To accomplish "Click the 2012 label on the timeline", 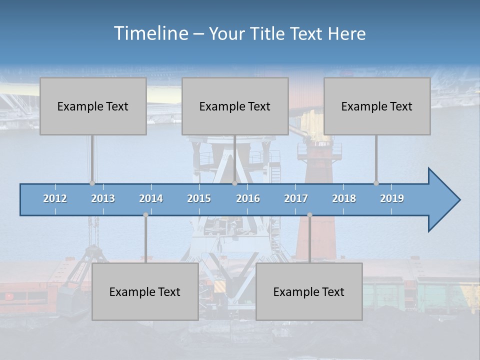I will click(x=55, y=198).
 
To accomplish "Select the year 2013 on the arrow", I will click(x=103, y=198).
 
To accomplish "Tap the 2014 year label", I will click(x=151, y=198).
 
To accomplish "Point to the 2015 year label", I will click(x=199, y=198).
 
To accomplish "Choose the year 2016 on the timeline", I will click(x=248, y=198).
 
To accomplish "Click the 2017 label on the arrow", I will click(x=296, y=198).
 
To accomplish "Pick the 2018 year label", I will click(x=344, y=198).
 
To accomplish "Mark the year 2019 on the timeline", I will click(x=392, y=198).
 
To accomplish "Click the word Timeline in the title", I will click(x=150, y=33).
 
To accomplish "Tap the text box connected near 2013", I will click(x=93, y=106).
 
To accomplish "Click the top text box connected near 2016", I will click(x=235, y=106).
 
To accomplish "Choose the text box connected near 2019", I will click(x=377, y=106).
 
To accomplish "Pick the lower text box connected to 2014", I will click(x=145, y=292).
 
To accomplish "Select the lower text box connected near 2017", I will click(x=309, y=292).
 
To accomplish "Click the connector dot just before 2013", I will click(x=92, y=183).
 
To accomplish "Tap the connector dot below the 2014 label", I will click(x=145, y=215).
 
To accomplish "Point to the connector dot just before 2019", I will click(x=376, y=183).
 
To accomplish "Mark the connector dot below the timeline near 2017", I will click(x=309, y=215).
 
